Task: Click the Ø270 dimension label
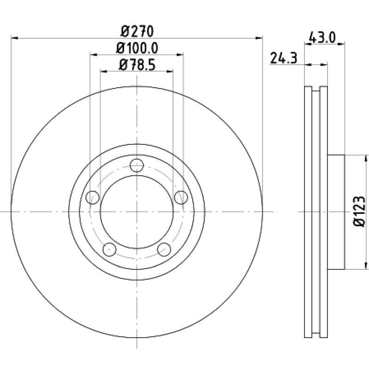(x=137, y=31)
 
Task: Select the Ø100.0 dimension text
(x=137, y=48)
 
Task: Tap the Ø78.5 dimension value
(x=137, y=65)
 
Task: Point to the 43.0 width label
(x=321, y=38)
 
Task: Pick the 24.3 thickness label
(x=284, y=58)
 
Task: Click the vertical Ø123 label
(x=359, y=211)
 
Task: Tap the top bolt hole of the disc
(x=137, y=165)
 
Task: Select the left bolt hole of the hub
(x=93, y=197)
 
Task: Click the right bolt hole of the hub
(x=181, y=197)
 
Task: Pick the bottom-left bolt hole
(x=109, y=250)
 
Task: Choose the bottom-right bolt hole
(x=164, y=250)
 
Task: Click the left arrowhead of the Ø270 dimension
(x=14, y=38)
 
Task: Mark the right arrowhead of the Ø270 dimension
(x=259, y=38)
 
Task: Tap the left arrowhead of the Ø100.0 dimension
(x=94, y=55)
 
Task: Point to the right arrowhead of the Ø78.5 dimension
(x=170, y=71)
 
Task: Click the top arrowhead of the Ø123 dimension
(x=365, y=158)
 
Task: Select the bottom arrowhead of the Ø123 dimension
(x=365, y=266)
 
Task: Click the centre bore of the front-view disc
(x=137, y=212)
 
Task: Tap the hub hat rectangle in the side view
(x=336, y=212)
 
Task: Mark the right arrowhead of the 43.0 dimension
(x=341, y=43)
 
